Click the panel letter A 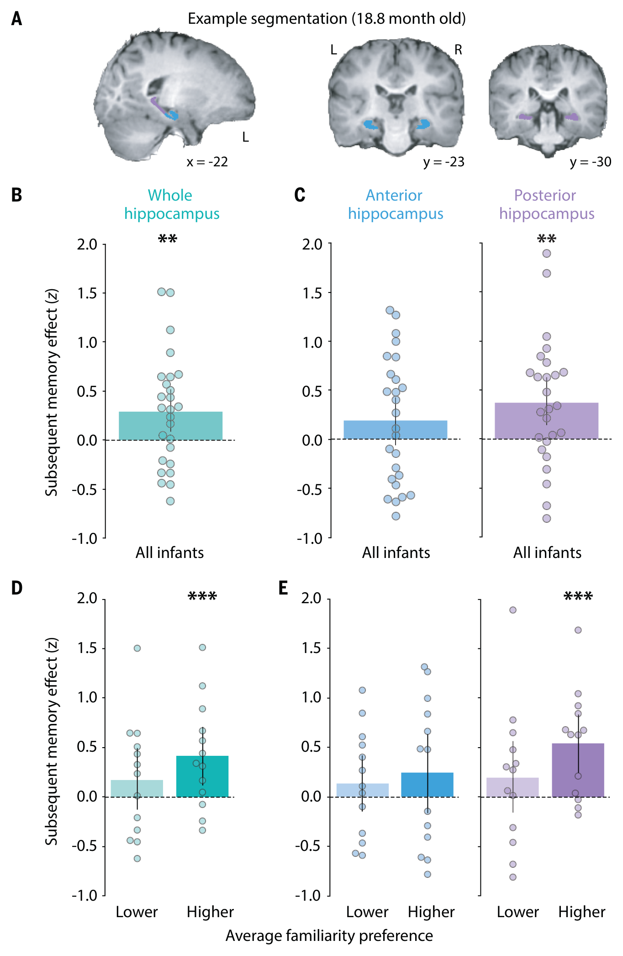16,19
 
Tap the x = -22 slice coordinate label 207,162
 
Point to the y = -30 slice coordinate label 590,162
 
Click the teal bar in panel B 170,426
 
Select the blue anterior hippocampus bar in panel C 395,430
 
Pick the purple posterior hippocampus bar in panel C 546,421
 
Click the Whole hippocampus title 172,204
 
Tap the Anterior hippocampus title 396,204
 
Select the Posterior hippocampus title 547,204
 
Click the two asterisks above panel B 168,238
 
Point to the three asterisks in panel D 202,595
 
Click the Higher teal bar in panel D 202,776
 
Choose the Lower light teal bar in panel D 137,788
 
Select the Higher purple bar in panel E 578,770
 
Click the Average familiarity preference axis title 329,936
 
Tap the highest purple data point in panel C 547,254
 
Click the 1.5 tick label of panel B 87,293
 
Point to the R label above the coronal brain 458,49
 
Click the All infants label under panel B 169,552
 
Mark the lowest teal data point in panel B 170,501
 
